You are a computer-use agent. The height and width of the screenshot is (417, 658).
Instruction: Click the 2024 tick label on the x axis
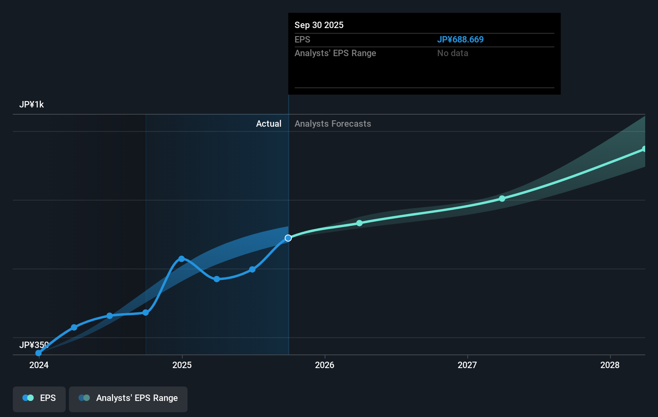click(39, 365)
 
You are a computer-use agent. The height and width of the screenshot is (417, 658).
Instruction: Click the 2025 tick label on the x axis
click(182, 365)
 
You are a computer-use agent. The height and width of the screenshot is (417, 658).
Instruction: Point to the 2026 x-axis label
click(325, 365)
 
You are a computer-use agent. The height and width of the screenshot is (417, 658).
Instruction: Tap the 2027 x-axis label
click(467, 365)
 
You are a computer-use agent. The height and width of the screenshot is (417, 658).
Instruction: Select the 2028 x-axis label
click(610, 365)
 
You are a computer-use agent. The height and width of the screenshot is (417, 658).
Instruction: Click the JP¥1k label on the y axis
click(32, 105)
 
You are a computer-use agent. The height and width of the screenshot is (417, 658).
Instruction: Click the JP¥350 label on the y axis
click(34, 345)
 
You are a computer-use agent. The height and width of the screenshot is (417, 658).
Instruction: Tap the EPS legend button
click(39, 398)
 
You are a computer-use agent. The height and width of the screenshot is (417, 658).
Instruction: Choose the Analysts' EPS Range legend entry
click(128, 398)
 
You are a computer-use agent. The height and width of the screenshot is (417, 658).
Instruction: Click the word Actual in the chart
click(268, 124)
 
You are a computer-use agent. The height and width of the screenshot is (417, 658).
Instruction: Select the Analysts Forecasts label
click(333, 124)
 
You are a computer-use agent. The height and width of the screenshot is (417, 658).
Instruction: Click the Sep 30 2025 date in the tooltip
click(319, 25)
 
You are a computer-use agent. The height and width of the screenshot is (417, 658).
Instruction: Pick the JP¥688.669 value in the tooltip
click(460, 40)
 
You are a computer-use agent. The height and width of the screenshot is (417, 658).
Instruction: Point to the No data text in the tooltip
click(452, 53)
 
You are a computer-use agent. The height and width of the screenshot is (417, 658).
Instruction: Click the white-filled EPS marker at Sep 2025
click(288, 238)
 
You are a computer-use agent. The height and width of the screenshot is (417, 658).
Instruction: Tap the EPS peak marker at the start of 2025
click(182, 259)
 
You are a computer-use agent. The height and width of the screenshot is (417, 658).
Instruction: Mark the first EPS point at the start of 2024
click(38, 353)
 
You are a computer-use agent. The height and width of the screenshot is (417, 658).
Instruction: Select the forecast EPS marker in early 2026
click(359, 223)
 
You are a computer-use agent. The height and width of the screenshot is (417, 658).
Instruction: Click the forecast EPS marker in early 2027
click(502, 198)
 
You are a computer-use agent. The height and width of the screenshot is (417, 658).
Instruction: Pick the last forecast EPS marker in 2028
click(644, 149)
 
